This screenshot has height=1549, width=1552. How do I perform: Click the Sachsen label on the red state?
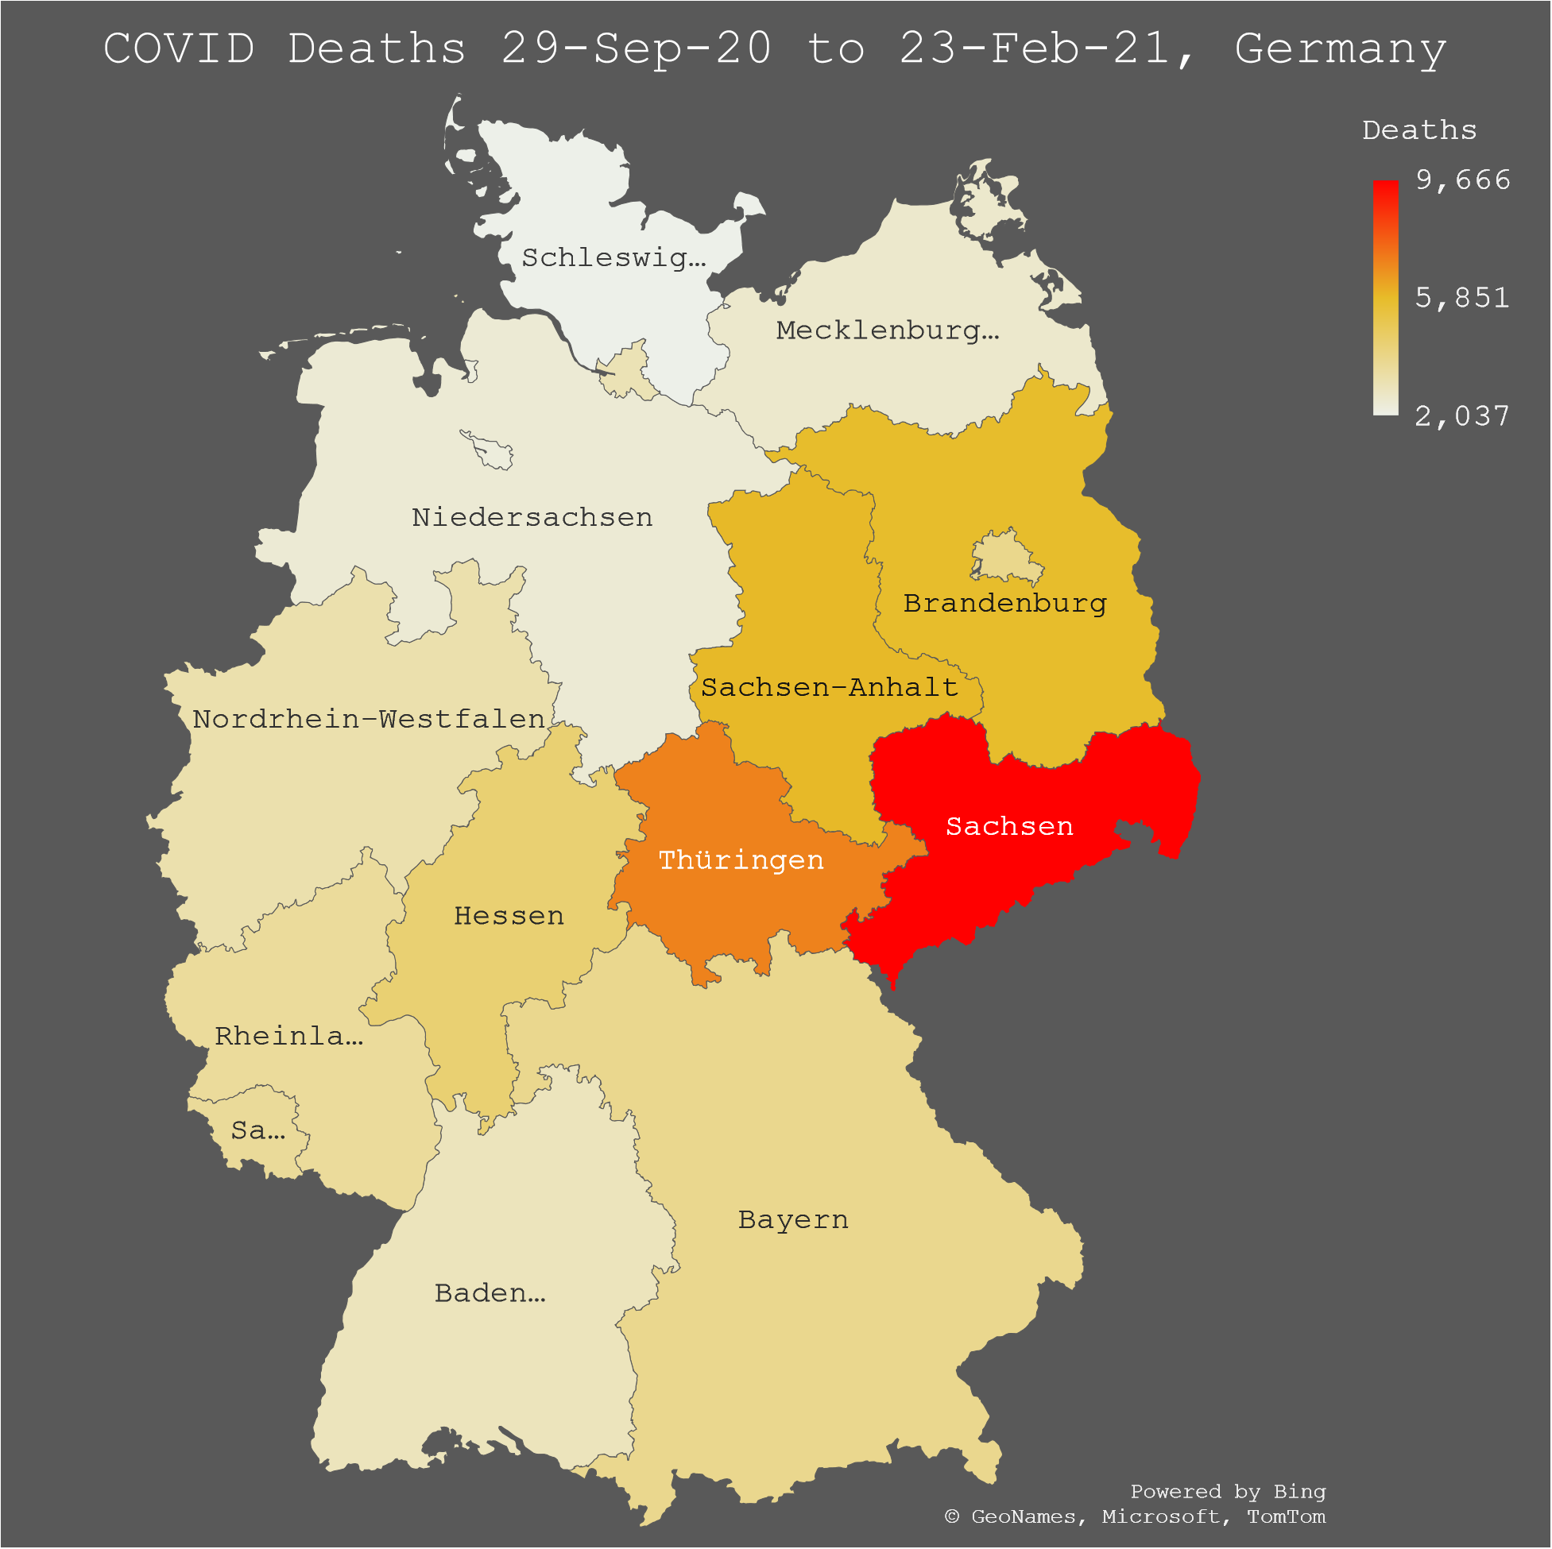click(x=1009, y=826)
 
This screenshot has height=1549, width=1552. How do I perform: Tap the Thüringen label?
click(x=741, y=860)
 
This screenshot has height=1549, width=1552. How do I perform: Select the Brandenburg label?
click(x=1004, y=603)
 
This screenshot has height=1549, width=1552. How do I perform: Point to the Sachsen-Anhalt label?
click(x=829, y=687)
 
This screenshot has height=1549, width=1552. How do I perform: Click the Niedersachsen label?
click(x=532, y=517)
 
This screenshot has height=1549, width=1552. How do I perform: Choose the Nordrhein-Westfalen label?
click(x=369, y=719)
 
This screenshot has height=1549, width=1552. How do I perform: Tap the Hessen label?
click(x=509, y=915)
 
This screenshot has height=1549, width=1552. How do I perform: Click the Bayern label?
click(x=793, y=1220)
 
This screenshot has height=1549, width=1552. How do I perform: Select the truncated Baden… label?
click(x=490, y=1293)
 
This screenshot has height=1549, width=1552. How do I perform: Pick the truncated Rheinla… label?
click(x=288, y=1036)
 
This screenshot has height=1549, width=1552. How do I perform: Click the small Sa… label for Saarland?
click(x=257, y=1130)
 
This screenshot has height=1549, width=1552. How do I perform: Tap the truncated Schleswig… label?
click(x=613, y=257)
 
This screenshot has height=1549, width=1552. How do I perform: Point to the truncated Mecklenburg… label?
click(x=887, y=330)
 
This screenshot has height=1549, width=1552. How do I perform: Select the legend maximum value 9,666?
click(x=1462, y=180)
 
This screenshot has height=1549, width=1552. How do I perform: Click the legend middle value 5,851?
click(x=1462, y=298)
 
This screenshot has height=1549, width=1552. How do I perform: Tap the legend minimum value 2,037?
click(x=1462, y=416)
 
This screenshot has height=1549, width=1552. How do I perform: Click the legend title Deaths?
click(x=1418, y=130)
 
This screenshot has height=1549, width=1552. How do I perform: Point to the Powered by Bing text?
click(x=1228, y=1491)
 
